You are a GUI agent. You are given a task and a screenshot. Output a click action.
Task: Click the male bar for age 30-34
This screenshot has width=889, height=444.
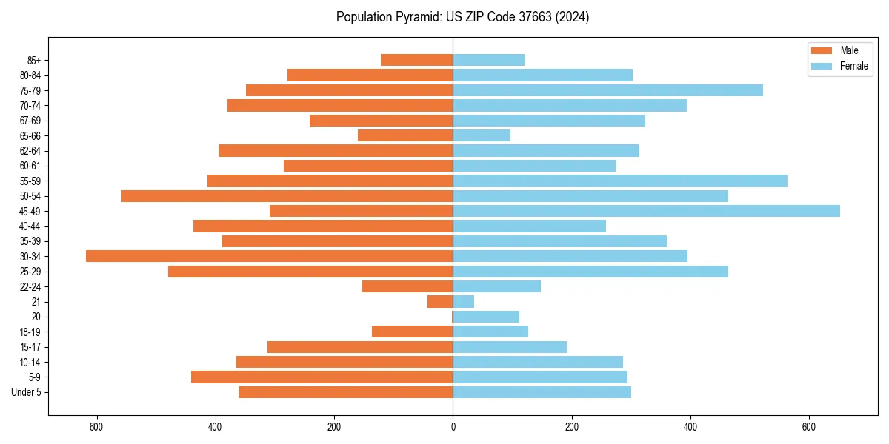click(x=269, y=256)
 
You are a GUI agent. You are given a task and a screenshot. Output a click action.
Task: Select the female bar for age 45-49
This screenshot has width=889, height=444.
click(x=646, y=211)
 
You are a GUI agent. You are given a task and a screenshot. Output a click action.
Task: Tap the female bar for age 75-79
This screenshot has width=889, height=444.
click(x=607, y=90)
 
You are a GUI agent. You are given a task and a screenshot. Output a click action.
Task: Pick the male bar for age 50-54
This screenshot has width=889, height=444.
click(x=287, y=196)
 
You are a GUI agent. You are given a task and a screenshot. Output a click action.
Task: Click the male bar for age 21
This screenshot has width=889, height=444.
click(x=440, y=302)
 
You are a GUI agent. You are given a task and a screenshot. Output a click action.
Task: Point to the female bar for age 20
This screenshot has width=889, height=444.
click(x=486, y=317)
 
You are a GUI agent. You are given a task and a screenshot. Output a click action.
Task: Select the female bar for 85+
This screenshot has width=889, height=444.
click(x=488, y=60)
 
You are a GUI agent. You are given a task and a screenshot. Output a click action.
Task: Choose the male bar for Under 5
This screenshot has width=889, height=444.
click(x=345, y=392)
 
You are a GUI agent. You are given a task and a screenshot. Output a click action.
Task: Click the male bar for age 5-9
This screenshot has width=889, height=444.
click(x=322, y=377)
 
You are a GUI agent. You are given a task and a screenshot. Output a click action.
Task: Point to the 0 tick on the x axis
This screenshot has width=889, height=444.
click(x=453, y=427)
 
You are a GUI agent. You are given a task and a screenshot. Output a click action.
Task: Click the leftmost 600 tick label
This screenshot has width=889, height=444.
click(x=96, y=427)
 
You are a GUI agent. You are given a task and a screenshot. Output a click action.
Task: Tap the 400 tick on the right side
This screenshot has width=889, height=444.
click(x=690, y=427)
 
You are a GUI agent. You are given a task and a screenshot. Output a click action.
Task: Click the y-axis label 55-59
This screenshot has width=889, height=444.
click(x=30, y=181)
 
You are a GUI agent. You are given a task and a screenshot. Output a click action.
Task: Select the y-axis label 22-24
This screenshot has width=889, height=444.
click(x=30, y=286)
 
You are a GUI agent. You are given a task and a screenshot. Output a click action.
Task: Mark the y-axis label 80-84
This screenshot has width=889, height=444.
click(x=30, y=75)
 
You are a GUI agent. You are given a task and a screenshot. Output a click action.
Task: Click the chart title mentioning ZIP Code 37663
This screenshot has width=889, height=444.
click(x=462, y=17)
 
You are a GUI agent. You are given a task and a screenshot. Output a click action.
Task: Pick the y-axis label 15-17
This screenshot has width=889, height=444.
click(x=30, y=347)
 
